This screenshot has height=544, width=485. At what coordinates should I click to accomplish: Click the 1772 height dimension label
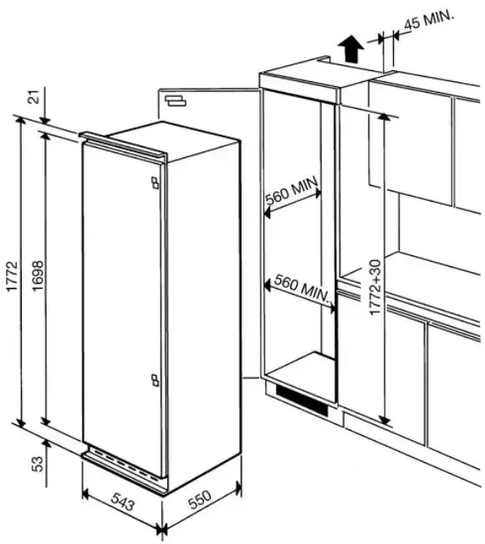click(12, 276)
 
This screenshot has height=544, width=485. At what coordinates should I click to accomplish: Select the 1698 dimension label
click(38, 276)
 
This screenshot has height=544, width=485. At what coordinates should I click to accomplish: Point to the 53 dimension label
click(38, 464)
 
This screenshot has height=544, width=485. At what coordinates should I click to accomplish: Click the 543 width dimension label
click(122, 502)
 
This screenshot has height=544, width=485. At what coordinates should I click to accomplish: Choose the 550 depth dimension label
click(199, 500)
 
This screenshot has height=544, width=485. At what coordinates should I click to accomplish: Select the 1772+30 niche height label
click(375, 287)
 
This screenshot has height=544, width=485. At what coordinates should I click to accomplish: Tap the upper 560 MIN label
click(291, 191)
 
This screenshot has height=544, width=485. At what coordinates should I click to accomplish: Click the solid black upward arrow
click(351, 49)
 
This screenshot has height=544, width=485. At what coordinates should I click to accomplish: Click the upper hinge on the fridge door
click(155, 182)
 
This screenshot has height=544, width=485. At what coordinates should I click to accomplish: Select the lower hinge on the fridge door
click(155, 380)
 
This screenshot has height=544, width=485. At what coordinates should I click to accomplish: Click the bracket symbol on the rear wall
click(176, 101)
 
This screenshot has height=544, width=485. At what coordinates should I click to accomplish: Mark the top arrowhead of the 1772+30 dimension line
click(383, 116)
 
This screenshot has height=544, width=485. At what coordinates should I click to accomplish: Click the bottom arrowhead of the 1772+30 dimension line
click(384, 420)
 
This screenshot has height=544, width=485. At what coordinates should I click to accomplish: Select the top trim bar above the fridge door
click(124, 146)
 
